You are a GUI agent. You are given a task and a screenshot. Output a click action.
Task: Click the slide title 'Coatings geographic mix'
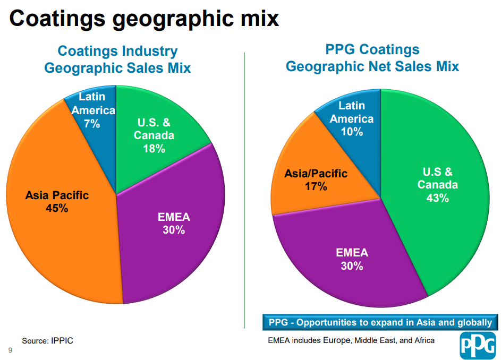144,18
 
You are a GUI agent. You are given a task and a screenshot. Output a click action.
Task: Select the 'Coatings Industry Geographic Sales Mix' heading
117,59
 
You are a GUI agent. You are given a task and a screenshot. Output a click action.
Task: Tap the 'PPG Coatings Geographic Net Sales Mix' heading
372,58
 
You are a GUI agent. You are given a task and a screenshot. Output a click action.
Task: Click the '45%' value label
57,209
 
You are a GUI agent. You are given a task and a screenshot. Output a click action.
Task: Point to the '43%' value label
437,198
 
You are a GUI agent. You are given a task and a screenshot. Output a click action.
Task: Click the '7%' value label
92,124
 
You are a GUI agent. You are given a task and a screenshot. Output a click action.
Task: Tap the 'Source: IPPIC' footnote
47,340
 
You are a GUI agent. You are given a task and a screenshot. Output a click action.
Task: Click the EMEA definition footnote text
351,340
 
